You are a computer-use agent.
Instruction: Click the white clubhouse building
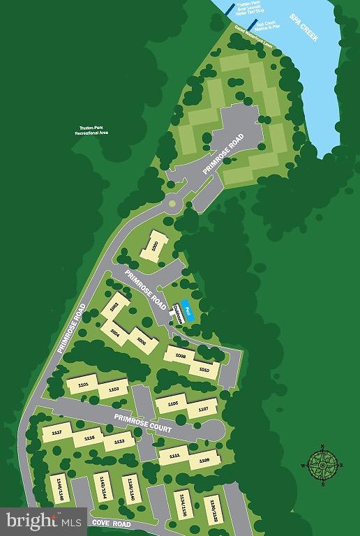pos(178,314)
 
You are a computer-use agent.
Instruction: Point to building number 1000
pos(153,247)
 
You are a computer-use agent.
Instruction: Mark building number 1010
pos(204,369)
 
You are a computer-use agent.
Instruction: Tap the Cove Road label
pos(111,522)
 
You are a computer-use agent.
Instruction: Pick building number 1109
pos(204,461)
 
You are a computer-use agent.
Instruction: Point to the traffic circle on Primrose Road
pos(172,204)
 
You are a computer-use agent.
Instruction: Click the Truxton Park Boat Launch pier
pos(228,9)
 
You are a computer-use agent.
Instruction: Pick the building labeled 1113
pos(119,441)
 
